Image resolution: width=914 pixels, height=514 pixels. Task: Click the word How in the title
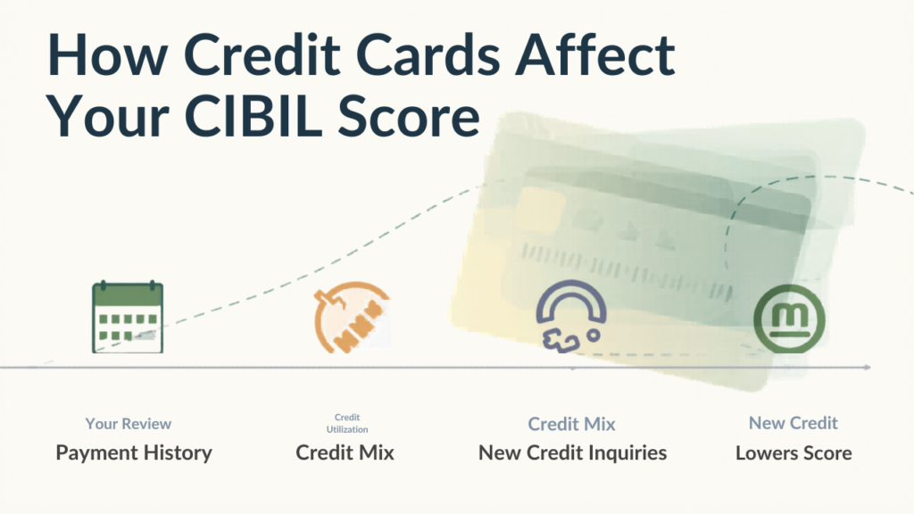click(107, 54)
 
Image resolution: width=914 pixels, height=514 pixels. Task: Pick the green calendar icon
click(128, 317)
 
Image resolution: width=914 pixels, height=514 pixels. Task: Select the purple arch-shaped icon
click(570, 316)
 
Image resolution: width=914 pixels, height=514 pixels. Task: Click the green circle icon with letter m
click(789, 319)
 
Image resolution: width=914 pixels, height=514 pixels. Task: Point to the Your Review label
click(129, 424)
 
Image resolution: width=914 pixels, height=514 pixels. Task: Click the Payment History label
click(134, 452)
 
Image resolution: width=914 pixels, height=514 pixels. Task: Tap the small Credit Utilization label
click(347, 424)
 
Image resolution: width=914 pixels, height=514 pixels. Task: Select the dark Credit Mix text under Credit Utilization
click(345, 452)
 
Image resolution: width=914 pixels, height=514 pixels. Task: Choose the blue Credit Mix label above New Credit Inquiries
click(572, 424)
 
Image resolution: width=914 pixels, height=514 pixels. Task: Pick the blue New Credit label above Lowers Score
click(794, 422)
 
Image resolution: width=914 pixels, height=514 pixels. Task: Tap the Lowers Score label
click(794, 452)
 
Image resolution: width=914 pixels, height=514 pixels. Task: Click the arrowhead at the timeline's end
click(868, 367)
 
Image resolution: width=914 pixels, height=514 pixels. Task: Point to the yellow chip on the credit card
click(541, 207)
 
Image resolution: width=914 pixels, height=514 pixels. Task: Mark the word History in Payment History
click(178, 452)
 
